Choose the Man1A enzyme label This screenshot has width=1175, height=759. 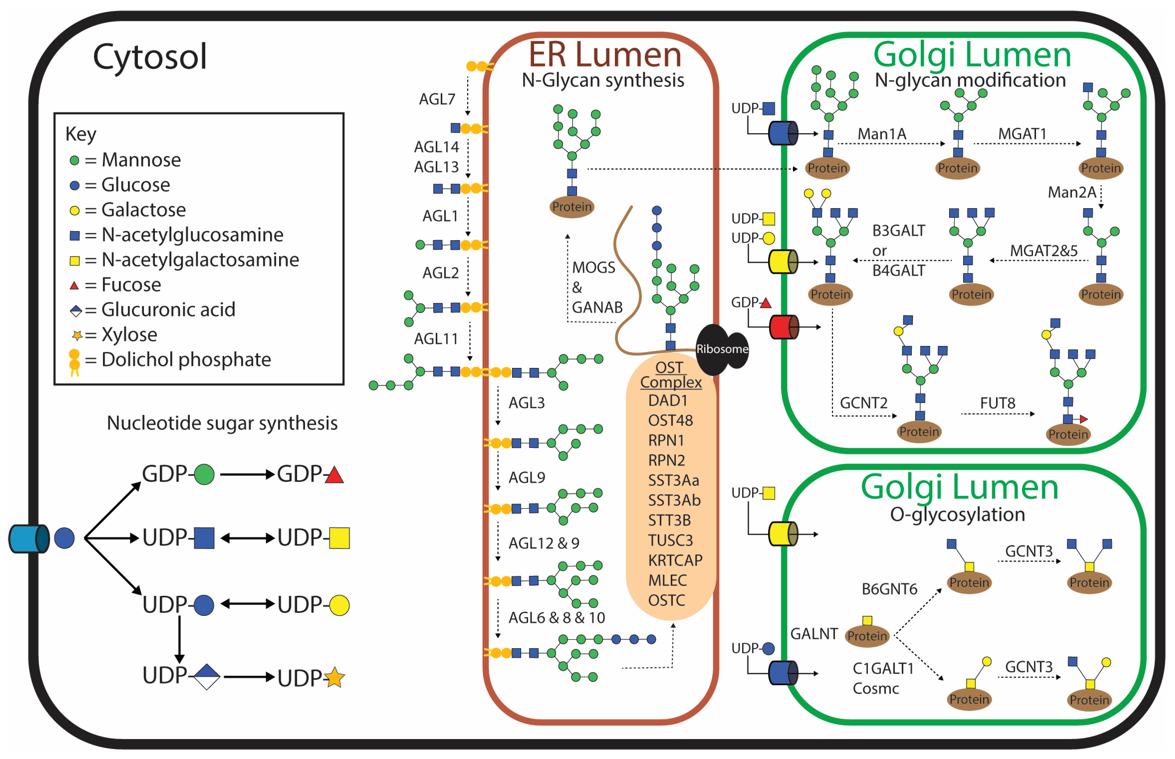tap(882, 134)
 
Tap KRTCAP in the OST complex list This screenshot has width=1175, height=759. tap(675, 560)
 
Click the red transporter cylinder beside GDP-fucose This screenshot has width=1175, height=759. tap(783, 327)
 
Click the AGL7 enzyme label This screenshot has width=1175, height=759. tap(437, 99)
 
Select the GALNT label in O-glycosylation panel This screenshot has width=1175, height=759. tap(814, 633)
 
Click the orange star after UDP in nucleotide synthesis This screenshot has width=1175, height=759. tap(334, 678)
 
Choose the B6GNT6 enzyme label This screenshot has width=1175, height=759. tap(889, 589)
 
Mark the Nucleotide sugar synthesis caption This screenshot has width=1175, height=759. tap(222, 423)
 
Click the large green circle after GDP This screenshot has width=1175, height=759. tap(204, 474)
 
